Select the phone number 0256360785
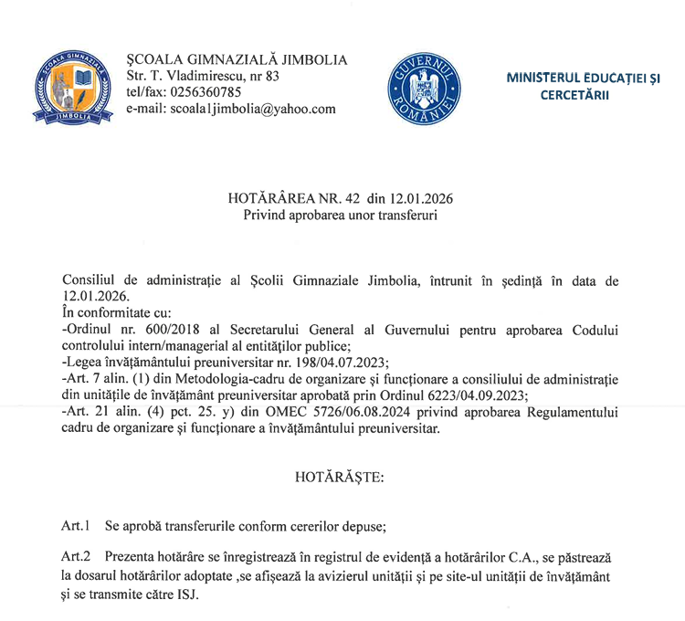(206, 92)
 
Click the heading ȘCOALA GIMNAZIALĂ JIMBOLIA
(237, 59)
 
